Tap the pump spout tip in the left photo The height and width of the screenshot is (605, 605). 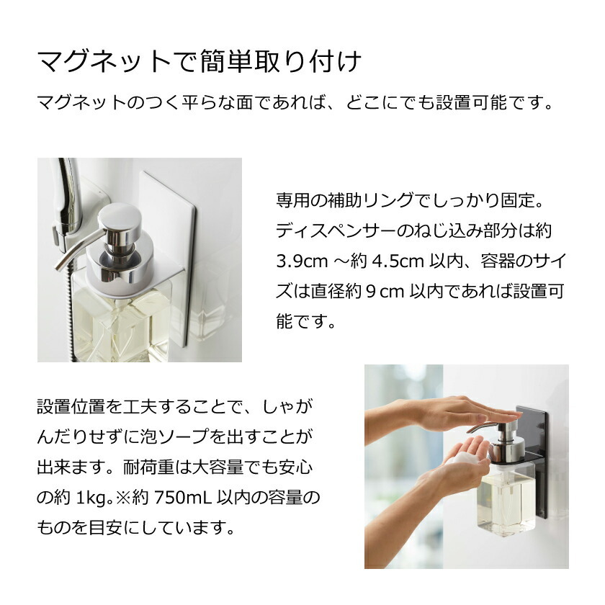pyautogui.click(x=59, y=266)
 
